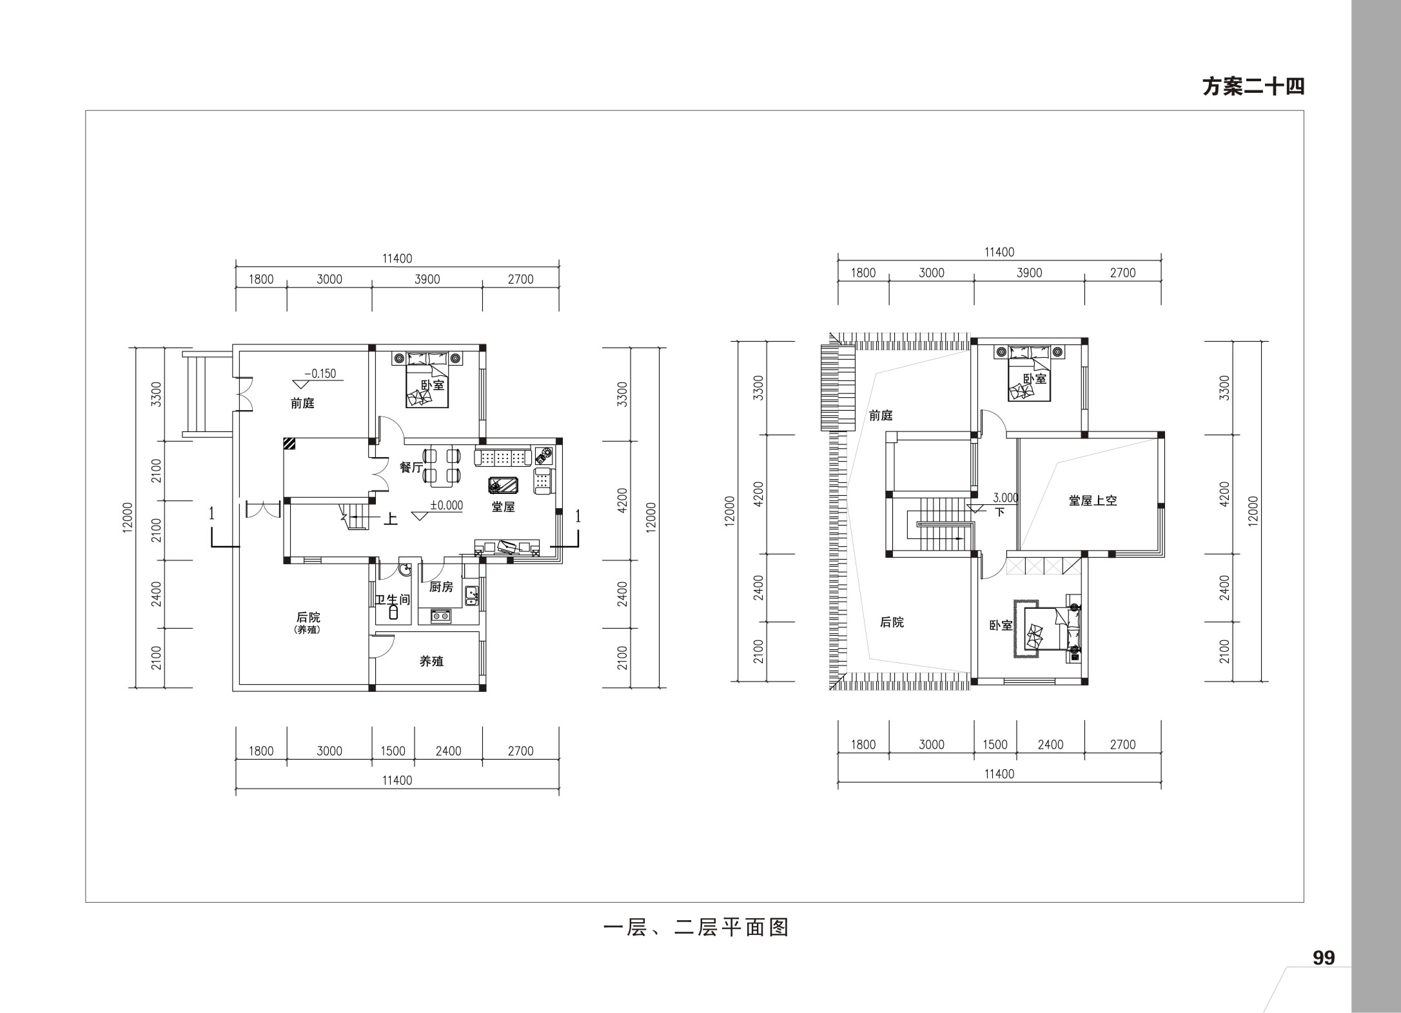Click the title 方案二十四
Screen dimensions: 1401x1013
click(x=1253, y=86)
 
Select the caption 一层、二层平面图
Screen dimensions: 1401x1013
click(x=696, y=928)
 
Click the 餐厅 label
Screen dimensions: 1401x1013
click(x=411, y=467)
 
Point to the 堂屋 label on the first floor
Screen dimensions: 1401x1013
click(x=503, y=507)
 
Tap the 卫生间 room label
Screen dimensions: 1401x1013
click(x=393, y=600)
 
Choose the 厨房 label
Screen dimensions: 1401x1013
click(x=442, y=587)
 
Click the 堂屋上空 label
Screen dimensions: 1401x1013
click(x=1093, y=500)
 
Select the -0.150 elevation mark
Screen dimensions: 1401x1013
click(x=320, y=373)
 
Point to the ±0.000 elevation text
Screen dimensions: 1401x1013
click(x=447, y=506)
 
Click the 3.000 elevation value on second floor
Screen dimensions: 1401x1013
click(x=1006, y=498)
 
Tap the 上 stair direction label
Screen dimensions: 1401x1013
click(x=391, y=519)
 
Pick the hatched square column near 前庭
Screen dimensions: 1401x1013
click(x=289, y=444)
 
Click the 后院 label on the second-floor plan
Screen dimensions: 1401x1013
click(x=892, y=622)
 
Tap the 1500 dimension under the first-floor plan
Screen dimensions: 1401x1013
click(x=393, y=751)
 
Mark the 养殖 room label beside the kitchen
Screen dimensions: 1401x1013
click(x=431, y=661)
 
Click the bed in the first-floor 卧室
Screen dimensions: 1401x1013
click(x=427, y=380)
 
